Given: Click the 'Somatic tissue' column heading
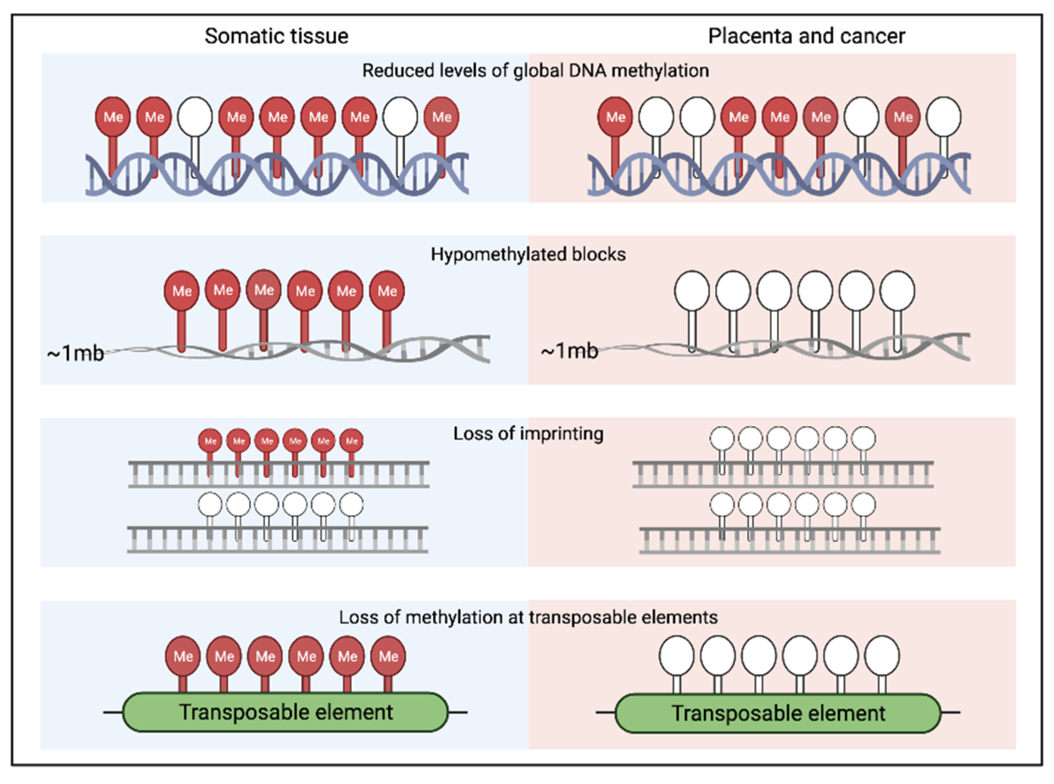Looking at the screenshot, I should click(276, 36).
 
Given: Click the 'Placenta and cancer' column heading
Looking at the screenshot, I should click(806, 36).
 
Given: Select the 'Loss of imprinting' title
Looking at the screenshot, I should click(528, 434).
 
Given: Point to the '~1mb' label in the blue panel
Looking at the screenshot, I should click(75, 353).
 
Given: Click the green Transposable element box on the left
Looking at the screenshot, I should click(285, 712).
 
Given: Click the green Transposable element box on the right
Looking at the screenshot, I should click(778, 713).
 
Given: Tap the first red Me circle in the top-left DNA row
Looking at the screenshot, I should click(113, 117).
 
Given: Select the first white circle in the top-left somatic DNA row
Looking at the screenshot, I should click(195, 117).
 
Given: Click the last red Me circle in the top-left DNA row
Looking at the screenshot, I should click(441, 117).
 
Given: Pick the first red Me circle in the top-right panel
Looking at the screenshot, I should click(615, 117).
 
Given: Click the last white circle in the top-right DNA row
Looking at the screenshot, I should click(943, 117).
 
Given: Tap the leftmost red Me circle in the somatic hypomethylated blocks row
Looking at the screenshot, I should click(182, 291).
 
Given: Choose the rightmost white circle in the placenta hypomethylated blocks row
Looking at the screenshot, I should click(897, 291).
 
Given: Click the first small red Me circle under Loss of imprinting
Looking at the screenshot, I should click(210, 441).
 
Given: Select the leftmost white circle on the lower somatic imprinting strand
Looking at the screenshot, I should click(210, 504).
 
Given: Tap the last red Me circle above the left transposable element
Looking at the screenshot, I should click(388, 656).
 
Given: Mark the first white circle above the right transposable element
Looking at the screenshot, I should click(677, 656).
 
